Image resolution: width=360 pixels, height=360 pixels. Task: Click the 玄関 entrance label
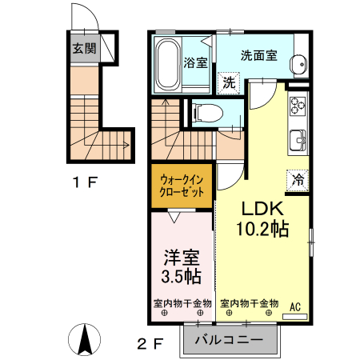click(x=84, y=49)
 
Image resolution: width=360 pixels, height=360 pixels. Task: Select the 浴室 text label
click(x=195, y=62)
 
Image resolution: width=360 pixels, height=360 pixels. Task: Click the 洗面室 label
click(x=259, y=56)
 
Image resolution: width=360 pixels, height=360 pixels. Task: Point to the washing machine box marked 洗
click(x=228, y=82)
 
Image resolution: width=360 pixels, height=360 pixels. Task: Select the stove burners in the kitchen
click(x=298, y=105)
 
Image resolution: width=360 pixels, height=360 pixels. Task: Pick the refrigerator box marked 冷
click(x=297, y=179)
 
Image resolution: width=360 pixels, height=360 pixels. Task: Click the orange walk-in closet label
click(x=181, y=186)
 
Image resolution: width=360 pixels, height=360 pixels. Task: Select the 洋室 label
click(x=182, y=258)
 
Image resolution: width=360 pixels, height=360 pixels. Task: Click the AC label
click(x=294, y=305)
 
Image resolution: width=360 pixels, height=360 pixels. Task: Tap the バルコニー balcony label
click(x=229, y=340)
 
